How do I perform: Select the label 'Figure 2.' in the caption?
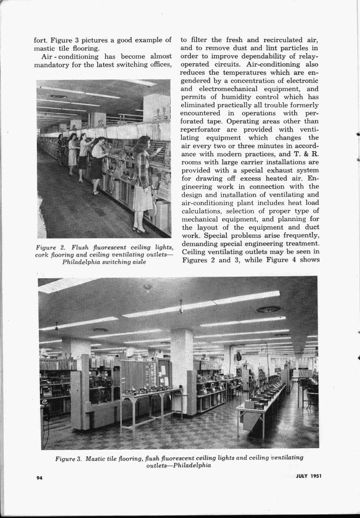point(49,247)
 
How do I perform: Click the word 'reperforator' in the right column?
point(201,129)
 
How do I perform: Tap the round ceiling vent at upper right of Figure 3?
point(268,309)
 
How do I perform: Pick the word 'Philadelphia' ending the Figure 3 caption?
point(192,466)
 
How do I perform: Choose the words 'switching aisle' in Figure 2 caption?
point(126,262)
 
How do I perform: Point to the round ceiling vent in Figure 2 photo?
point(58,96)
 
